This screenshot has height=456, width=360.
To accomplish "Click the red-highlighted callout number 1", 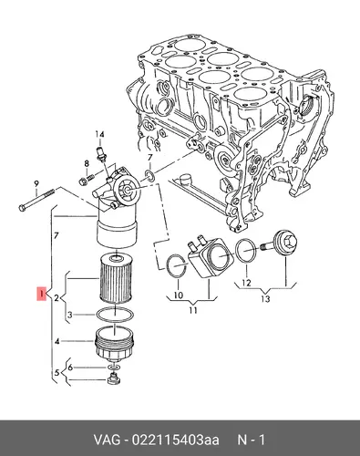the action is (41, 294).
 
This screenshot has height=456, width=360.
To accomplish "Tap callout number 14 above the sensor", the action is (100, 134).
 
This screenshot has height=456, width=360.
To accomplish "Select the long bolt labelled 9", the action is (36, 200).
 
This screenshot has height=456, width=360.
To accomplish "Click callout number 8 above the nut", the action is (87, 163).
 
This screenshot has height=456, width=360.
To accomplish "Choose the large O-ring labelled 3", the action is (115, 315).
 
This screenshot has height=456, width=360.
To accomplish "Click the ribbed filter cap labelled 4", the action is (114, 343).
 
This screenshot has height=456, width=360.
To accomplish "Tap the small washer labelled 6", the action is (113, 368).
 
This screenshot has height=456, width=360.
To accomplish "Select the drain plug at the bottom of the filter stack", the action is (113, 379).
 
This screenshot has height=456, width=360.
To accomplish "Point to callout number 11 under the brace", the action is (193, 310).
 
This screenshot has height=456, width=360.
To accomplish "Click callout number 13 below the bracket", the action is (265, 299).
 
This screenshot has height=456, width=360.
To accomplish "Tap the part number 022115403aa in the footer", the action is (175, 440).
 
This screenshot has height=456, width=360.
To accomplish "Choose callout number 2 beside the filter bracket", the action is (57, 298).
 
